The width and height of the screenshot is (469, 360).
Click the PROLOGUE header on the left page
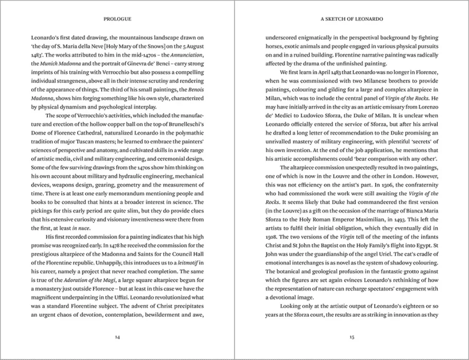pyautogui.click(x=117, y=19)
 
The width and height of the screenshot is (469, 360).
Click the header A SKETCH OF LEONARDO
pyautogui.click(x=351, y=19)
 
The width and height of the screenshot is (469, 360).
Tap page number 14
pyautogui.click(x=117, y=337)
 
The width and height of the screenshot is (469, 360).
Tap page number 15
pyautogui.click(x=351, y=337)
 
